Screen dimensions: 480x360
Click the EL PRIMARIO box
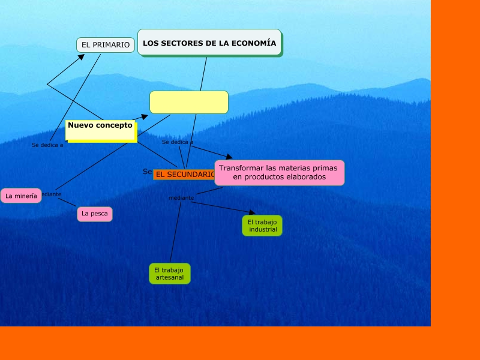[x=106, y=45]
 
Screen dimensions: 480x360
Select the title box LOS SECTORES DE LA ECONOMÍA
[x=209, y=43]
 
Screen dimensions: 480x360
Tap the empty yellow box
[x=189, y=102]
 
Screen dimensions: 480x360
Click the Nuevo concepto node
[x=101, y=130]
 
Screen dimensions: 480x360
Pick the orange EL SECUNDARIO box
[x=184, y=175]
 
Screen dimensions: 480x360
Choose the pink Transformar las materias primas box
[x=279, y=173]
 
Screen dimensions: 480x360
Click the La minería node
[x=21, y=196]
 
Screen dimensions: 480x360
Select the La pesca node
[x=95, y=214]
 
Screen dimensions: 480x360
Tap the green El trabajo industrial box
[x=262, y=226]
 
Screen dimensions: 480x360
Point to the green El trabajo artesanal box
[x=170, y=274]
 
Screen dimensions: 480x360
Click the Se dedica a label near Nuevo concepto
[x=47, y=145]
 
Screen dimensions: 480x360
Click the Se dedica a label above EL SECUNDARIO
[x=178, y=142]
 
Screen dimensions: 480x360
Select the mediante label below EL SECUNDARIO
[x=181, y=198]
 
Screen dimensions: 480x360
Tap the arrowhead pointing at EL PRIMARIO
[x=81, y=58]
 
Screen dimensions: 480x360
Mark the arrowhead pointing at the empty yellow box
[x=144, y=117]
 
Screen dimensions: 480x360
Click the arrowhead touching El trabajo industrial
[x=252, y=212]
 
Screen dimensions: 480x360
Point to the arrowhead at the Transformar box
[x=229, y=157]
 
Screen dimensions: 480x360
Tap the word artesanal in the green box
[x=170, y=278]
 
